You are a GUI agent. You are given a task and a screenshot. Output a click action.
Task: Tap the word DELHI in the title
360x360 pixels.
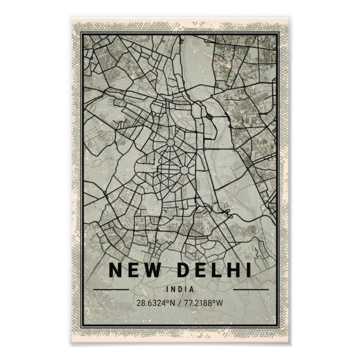pyautogui.click(x=215, y=270)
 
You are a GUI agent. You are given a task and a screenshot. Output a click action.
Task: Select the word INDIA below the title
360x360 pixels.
pyautogui.click(x=179, y=290)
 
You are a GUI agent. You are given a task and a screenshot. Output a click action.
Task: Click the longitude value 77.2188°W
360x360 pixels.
pyautogui.click(x=204, y=304)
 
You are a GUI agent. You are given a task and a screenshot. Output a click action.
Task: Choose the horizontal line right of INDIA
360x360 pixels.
pyautogui.click(x=250, y=290)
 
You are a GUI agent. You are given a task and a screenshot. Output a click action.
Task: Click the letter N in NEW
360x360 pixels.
pyautogui.click(x=116, y=270)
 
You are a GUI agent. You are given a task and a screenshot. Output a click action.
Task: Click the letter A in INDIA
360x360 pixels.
pyautogui.click(x=192, y=290)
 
